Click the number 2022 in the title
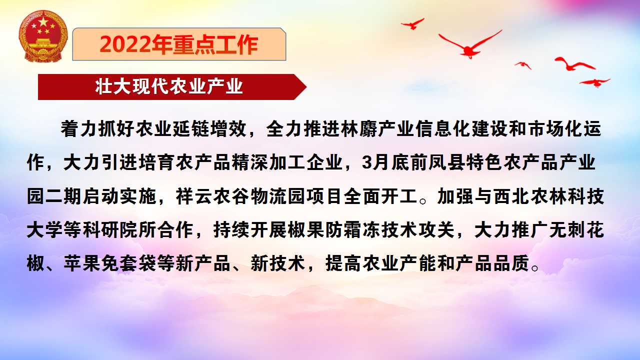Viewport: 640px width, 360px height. pos(125,44)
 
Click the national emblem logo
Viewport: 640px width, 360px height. pos(43,36)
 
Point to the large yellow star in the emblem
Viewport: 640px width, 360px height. pos(43,21)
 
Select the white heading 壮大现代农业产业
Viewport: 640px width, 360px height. pos(169,86)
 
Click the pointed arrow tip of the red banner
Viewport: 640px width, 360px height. pos(306,87)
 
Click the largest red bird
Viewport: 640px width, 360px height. pos(470,45)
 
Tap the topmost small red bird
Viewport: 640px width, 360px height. pos(413,23)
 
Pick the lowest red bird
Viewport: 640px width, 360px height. pos(595,82)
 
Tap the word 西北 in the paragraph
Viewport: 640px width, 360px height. pos(512,196)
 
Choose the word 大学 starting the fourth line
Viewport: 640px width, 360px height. pos(44,229)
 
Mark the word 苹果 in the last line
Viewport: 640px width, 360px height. pos(81,263)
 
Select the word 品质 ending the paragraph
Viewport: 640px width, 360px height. pos(511,263)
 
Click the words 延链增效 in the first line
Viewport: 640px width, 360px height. pos(209,129)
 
